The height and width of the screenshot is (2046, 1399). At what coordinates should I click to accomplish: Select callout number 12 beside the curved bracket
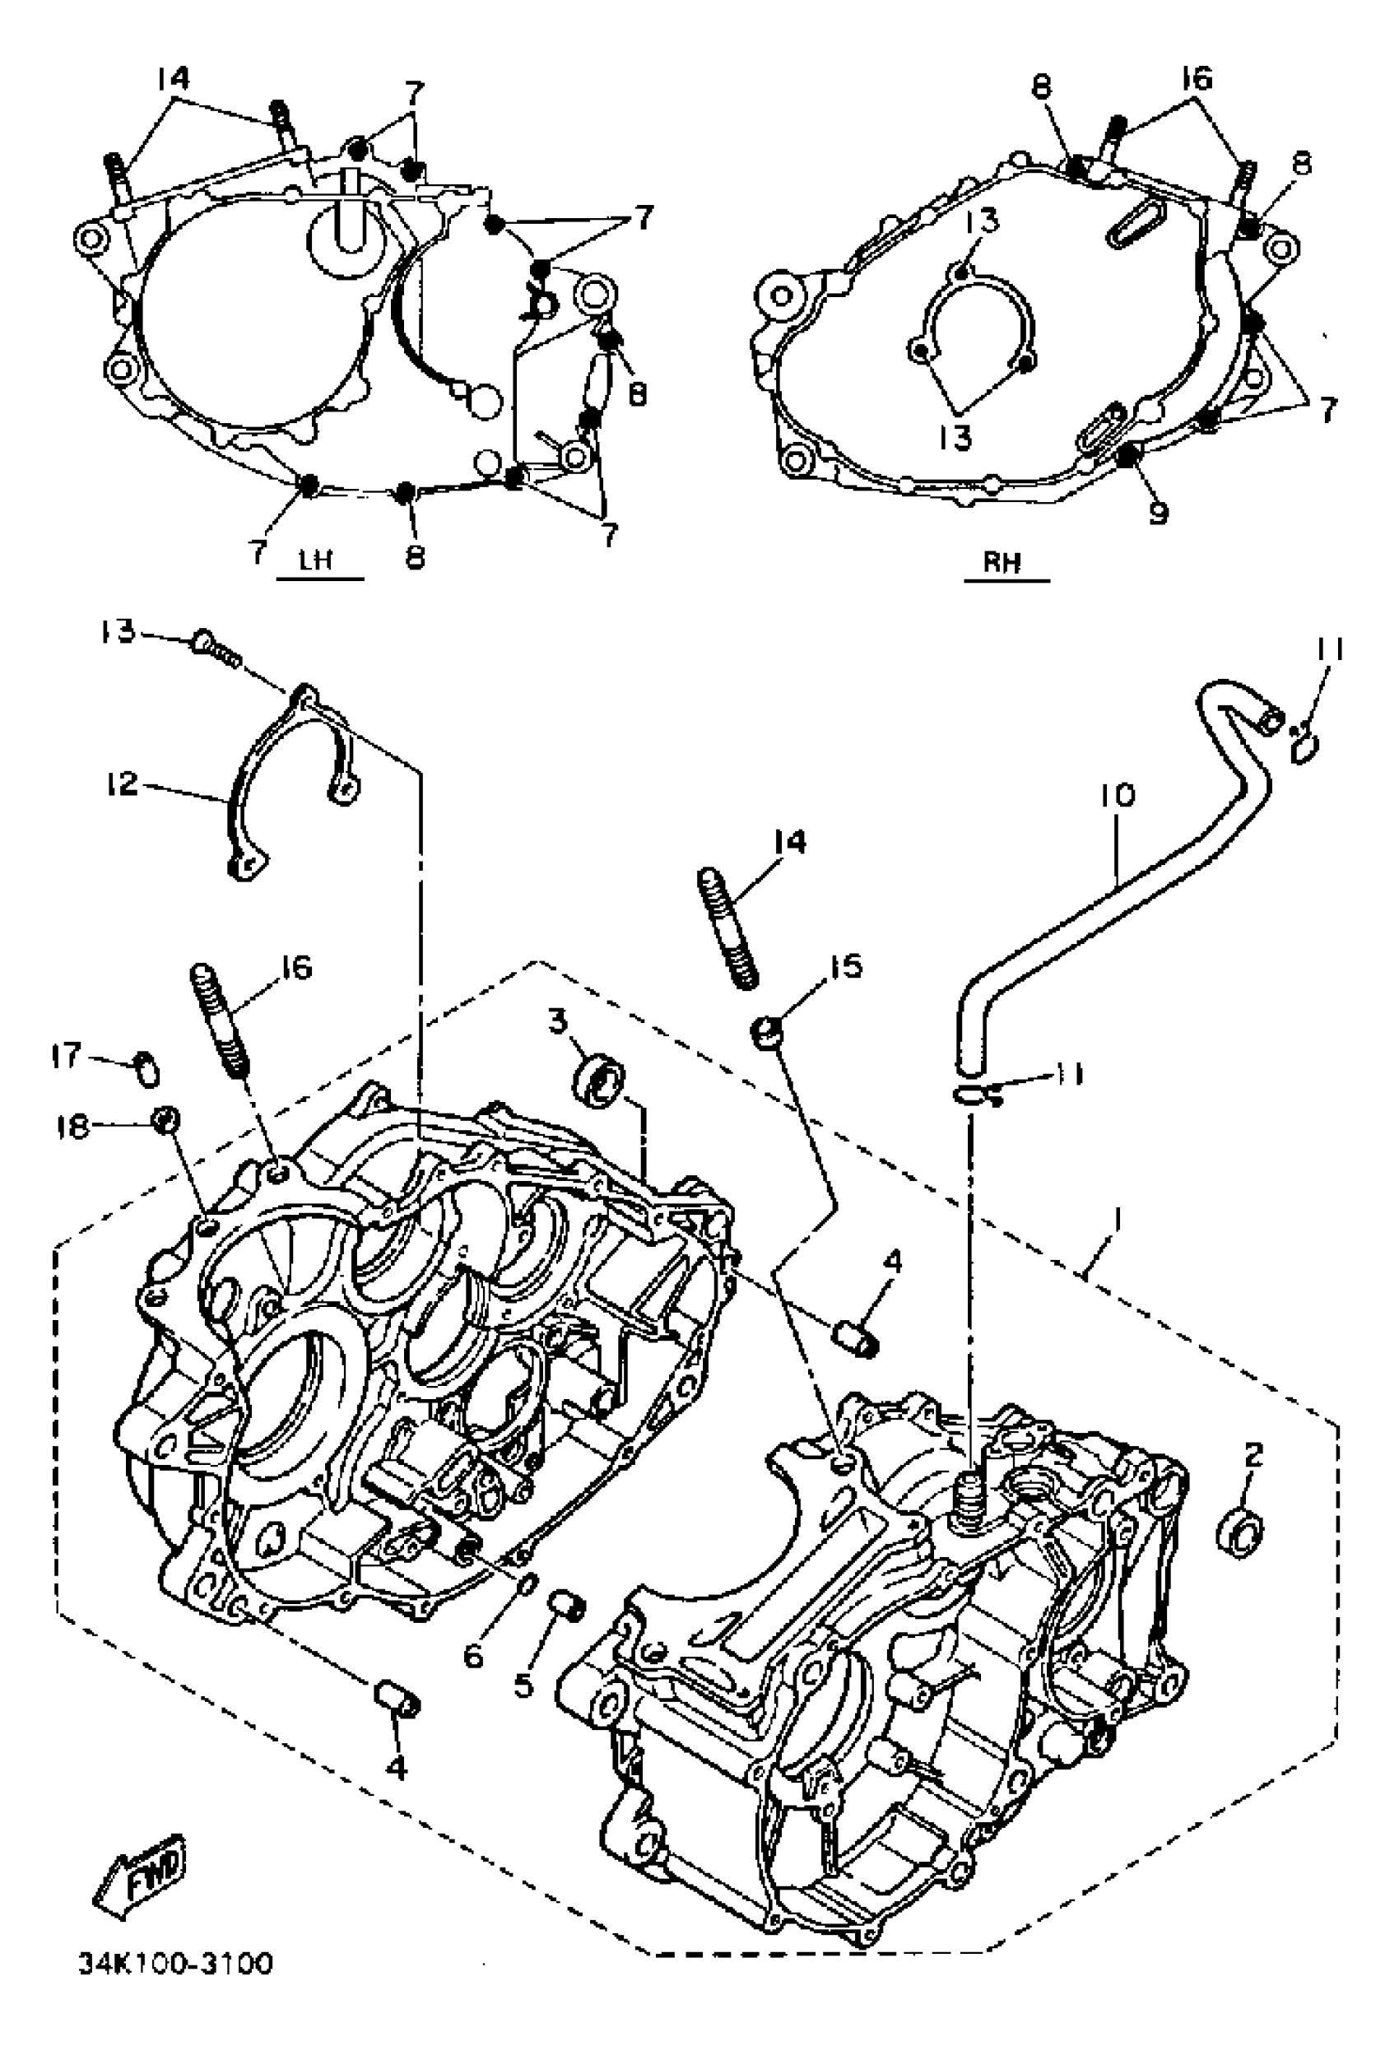click(123, 783)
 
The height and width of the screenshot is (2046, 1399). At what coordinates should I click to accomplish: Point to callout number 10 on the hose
click(1118, 796)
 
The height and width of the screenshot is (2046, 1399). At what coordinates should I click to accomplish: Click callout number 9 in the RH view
click(1159, 513)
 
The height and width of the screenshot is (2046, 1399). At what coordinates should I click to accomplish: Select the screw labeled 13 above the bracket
click(215, 645)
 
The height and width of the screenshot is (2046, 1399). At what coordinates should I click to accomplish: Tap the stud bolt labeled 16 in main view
click(220, 1019)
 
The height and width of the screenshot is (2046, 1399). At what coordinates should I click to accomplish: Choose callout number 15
click(845, 967)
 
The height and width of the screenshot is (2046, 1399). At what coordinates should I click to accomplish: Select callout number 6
click(473, 1655)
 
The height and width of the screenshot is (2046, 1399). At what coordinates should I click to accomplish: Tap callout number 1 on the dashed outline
click(1117, 1221)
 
